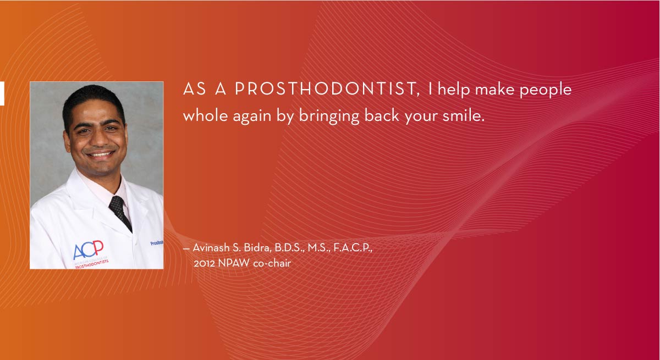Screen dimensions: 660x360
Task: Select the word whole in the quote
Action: tap(205, 115)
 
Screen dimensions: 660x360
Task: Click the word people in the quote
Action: tap(545, 90)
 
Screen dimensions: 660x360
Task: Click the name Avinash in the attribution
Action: tap(211, 248)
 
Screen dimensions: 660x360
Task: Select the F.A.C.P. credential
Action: tap(353, 248)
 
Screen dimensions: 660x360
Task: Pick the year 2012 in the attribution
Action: tap(204, 263)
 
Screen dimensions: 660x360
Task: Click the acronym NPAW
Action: tap(234, 263)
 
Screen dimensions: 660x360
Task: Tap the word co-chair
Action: tap(272, 263)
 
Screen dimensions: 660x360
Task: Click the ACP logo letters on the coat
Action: tap(88, 250)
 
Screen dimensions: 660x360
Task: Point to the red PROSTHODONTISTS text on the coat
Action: tap(92, 264)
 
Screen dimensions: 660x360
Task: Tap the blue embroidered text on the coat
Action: tap(157, 243)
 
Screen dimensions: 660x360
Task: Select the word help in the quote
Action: tap(454, 90)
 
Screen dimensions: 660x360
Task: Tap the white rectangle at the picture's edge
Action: tap(2, 93)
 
